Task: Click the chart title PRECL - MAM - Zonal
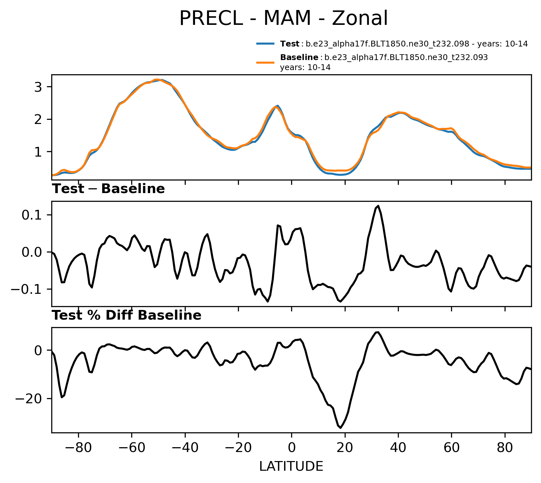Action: tap(283, 18)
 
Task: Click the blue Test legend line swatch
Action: tap(265, 44)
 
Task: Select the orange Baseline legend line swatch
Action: tap(265, 62)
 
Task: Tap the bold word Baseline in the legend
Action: tap(299, 57)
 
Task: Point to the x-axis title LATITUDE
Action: tap(291, 466)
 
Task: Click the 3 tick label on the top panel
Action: tap(38, 87)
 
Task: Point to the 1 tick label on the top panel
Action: tap(38, 152)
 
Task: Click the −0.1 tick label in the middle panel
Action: tap(27, 289)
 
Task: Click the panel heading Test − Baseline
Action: tap(108, 189)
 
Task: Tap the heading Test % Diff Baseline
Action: tap(127, 315)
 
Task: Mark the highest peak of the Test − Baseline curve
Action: tap(378, 206)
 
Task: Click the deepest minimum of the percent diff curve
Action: tap(341, 427)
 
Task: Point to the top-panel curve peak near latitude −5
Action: tap(277, 106)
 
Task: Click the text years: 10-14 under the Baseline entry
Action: tap(305, 67)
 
